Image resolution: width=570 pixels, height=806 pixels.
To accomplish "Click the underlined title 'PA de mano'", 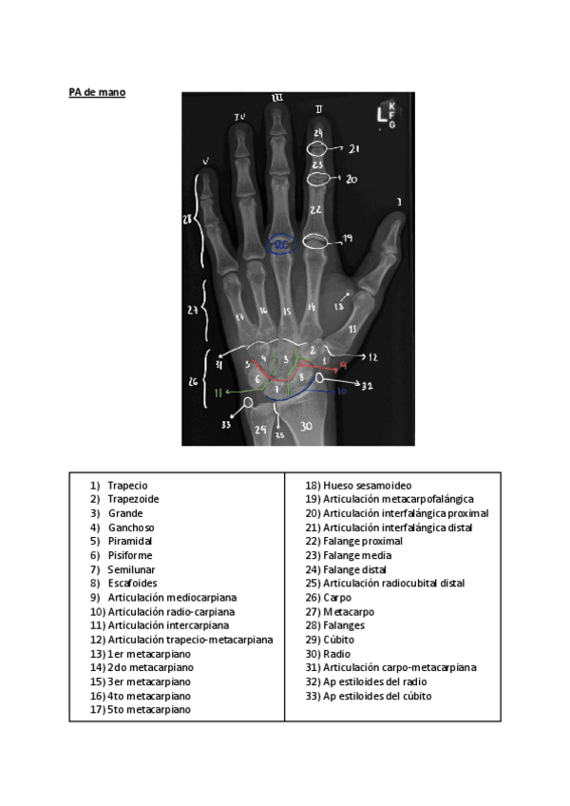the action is tap(96, 92).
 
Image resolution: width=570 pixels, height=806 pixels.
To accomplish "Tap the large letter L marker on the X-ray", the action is tap(381, 116).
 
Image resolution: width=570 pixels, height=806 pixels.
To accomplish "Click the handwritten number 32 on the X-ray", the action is tap(368, 386).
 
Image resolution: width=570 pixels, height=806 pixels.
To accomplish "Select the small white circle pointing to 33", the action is tap(248, 402).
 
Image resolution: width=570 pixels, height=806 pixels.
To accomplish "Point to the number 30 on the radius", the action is tap(306, 427).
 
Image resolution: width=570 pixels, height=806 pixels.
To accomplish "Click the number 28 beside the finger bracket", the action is tap(188, 218).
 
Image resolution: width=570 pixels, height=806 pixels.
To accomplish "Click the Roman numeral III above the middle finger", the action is tap(277, 98).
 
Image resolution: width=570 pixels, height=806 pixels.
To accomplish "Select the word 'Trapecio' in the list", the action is tap(127, 485).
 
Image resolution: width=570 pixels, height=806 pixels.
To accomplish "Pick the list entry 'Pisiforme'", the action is tap(130, 554).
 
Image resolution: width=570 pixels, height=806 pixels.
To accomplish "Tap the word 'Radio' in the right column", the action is tap(336, 653).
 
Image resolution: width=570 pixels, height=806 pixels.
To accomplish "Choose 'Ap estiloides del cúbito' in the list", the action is tap(377, 695).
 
